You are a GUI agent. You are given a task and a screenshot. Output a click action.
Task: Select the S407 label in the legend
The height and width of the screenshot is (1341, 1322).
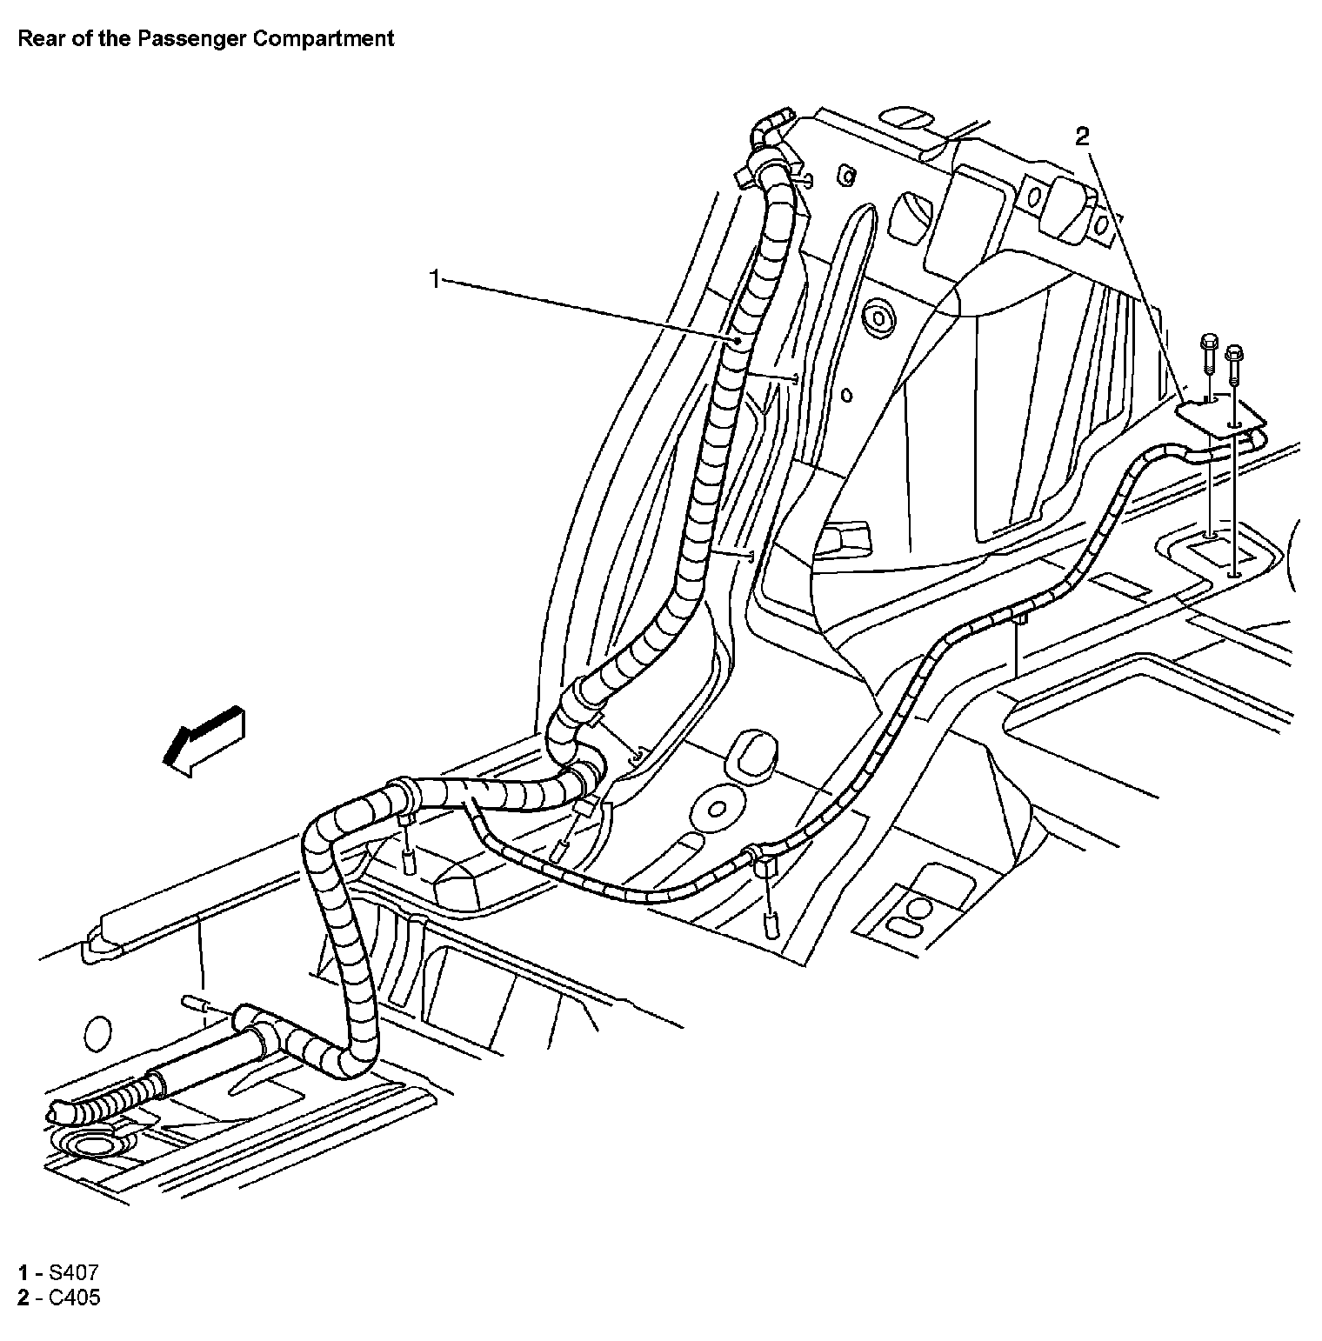point(67,1273)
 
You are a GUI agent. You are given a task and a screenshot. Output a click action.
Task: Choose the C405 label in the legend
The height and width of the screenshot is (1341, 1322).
point(74,1298)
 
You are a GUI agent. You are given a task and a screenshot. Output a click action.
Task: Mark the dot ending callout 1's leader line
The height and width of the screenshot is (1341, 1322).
point(736,340)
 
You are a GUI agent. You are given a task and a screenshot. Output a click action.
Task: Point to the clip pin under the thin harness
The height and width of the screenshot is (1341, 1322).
point(770,925)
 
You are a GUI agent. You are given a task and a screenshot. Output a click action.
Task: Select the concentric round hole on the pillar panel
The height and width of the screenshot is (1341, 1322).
point(879,315)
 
